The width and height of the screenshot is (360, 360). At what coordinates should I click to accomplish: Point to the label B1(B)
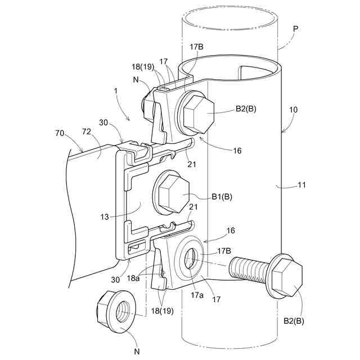pos(223,196)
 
